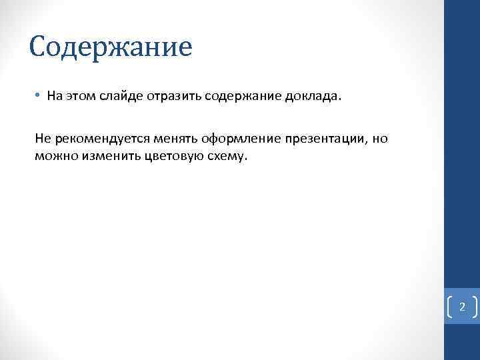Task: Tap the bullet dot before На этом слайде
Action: (39, 95)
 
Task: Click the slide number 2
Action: (462, 307)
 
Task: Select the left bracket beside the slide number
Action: (449, 307)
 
